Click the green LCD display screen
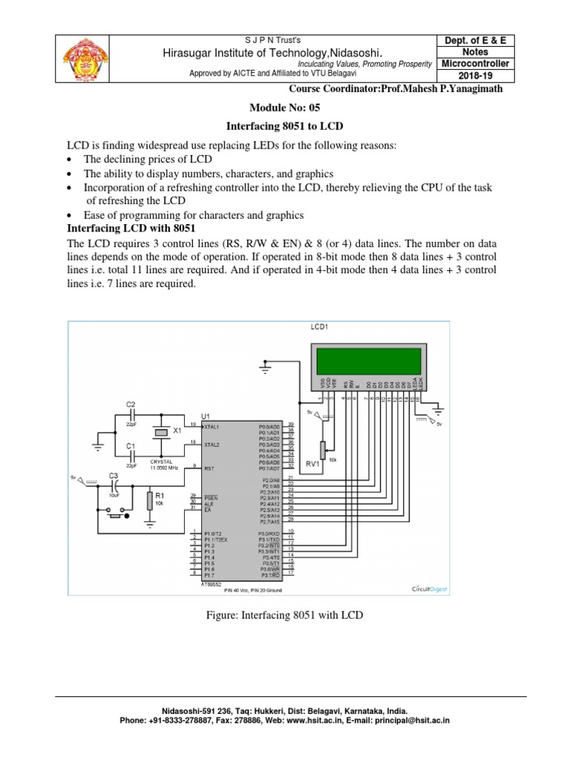click(x=370, y=362)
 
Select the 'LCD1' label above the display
click(x=319, y=327)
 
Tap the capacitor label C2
click(x=131, y=405)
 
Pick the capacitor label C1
click(x=131, y=445)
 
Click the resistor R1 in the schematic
click(x=151, y=501)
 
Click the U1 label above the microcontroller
click(x=206, y=417)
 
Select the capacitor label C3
click(x=114, y=476)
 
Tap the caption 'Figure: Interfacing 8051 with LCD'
click(x=284, y=615)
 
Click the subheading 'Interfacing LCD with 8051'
click(x=127, y=229)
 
